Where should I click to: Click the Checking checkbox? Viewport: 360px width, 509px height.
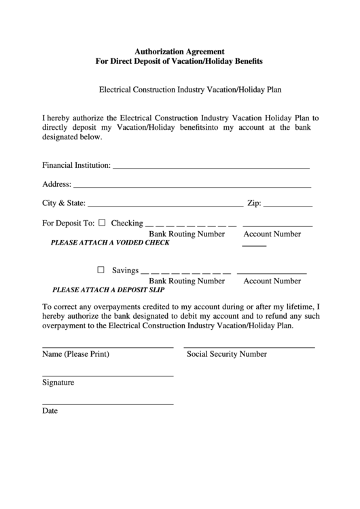[102, 222]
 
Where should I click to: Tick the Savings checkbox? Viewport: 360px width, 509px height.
[102, 270]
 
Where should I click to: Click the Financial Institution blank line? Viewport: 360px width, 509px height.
[211, 166]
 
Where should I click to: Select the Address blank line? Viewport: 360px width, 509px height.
[192, 186]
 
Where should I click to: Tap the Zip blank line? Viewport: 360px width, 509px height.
[288, 205]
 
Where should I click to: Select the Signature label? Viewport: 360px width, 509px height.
[58, 383]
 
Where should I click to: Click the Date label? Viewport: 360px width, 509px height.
[50, 411]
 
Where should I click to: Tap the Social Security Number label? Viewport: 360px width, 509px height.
[227, 354]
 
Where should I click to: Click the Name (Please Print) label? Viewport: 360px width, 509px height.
[75, 354]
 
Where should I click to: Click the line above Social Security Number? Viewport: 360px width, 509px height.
[250, 347]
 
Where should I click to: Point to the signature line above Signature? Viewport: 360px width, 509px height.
[107, 376]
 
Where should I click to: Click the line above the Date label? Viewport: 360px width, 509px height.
[107, 404]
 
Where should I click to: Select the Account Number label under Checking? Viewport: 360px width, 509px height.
[272, 234]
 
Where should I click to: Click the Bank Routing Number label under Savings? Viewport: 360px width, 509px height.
[187, 281]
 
